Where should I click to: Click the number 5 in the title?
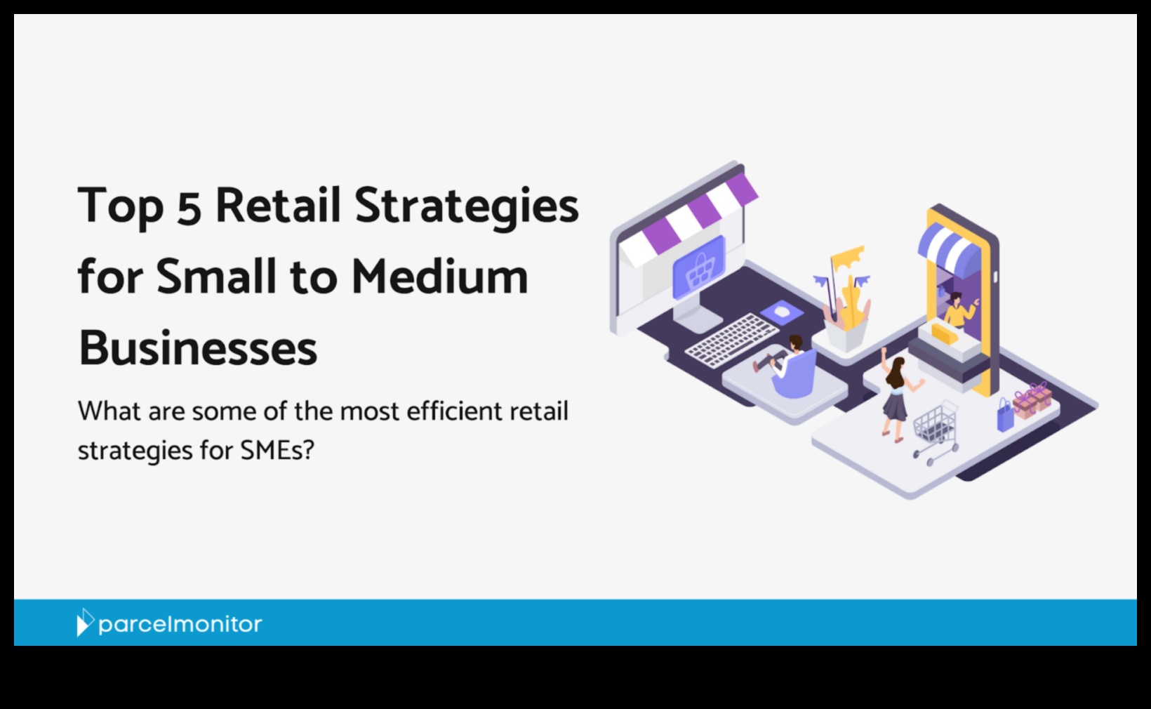pos(188,206)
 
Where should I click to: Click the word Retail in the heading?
pos(278,205)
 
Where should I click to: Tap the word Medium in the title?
pos(440,277)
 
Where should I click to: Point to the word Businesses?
pos(198,348)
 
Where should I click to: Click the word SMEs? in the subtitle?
pos(277,450)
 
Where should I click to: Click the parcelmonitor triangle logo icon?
pos(85,622)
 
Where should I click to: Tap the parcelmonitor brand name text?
pos(180,625)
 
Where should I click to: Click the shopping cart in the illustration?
pos(935,432)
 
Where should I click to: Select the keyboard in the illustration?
pos(732,340)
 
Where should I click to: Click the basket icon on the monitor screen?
pos(699,267)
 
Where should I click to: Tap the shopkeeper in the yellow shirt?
pos(958,310)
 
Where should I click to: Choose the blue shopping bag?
pos(1004,415)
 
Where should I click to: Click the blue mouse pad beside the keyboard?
pos(782,312)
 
